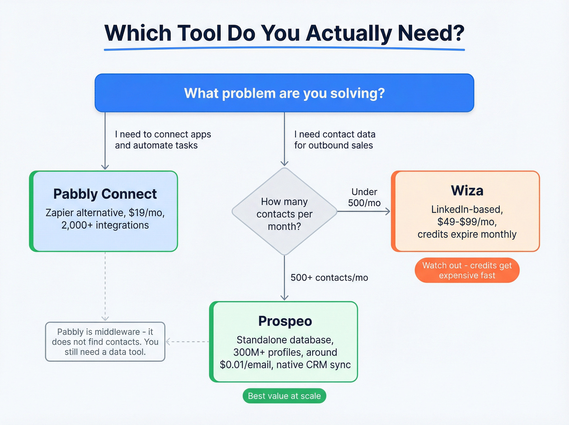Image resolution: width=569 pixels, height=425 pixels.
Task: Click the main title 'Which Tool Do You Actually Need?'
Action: pos(284,33)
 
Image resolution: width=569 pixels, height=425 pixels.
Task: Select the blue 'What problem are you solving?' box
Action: pos(284,93)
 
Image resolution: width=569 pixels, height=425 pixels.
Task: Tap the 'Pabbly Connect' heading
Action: pos(105,194)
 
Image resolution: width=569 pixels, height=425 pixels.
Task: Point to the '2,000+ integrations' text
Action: pos(105,225)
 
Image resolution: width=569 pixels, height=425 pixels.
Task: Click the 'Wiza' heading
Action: pos(467,191)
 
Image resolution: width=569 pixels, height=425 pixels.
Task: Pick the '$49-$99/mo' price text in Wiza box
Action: pos(467,222)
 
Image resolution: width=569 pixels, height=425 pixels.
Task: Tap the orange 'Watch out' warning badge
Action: pos(467,270)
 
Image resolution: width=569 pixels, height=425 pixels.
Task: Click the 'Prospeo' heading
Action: pos(285,321)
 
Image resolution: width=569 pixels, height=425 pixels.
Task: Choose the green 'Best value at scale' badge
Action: pos(284,396)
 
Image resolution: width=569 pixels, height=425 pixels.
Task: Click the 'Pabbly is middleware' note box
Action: pos(105,342)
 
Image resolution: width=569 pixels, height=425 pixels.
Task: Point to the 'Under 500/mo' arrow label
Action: pos(364,197)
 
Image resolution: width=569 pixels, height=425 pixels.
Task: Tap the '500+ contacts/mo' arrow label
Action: pos(329,278)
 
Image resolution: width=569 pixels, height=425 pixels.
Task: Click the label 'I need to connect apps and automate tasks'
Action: pos(163,140)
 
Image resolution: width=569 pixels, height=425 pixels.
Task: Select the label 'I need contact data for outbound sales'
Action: pos(334,140)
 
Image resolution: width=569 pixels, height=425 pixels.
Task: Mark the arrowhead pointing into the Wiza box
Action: pos(388,211)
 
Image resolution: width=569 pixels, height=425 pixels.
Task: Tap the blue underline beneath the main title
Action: pos(284,49)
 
